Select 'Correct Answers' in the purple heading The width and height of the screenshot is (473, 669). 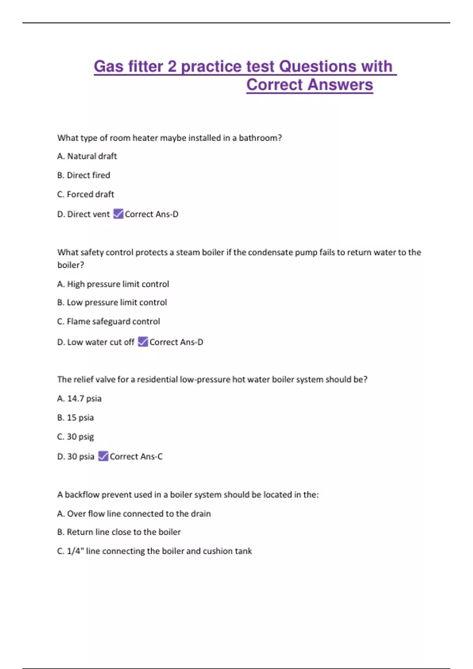309,85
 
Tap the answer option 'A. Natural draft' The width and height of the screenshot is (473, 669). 87,156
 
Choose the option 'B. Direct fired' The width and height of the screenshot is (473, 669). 84,175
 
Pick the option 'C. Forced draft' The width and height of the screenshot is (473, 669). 86,194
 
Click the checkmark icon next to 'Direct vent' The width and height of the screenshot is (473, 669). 118,214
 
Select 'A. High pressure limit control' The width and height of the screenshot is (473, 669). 113,284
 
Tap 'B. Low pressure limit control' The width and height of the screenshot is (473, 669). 112,303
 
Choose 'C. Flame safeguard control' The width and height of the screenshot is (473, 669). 108,322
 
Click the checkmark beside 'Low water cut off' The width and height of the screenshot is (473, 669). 143,342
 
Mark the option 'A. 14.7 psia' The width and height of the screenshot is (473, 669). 79,399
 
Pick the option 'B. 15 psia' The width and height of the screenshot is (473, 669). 75,418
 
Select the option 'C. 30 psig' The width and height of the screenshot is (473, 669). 75,437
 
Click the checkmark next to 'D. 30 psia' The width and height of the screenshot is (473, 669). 103,456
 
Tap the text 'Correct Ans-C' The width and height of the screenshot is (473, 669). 136,456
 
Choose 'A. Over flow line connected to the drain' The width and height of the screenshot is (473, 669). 134,514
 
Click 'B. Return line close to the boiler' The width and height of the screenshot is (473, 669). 119,532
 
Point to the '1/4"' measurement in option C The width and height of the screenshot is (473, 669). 75,551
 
